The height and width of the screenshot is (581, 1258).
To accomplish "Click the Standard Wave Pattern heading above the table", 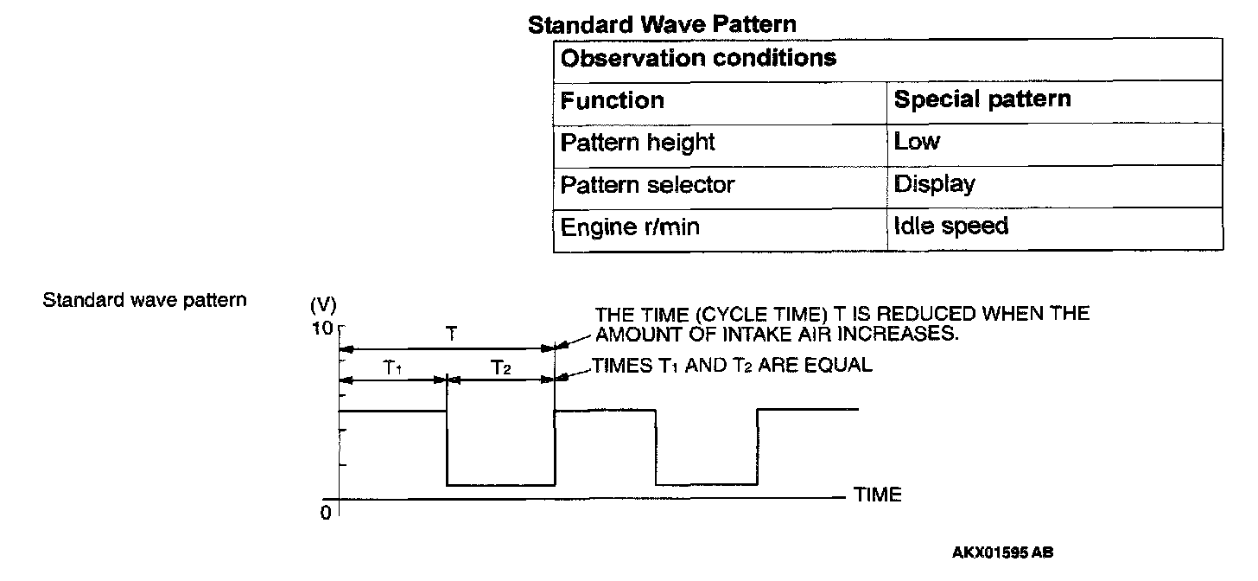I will pos(662,24).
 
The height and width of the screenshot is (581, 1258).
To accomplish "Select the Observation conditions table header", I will pos(698,58).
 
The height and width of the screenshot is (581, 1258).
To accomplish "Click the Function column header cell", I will pos(612,100).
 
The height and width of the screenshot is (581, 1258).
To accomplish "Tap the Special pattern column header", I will pos(982,99).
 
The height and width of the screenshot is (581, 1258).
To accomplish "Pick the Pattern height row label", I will pos(638,142).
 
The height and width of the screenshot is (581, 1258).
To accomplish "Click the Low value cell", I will pos(917,142).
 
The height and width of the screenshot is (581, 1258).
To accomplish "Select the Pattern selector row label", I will pos(647,184).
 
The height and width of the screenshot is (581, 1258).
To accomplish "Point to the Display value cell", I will pos(934,184).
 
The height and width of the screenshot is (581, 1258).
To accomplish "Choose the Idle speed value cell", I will pos(950,227).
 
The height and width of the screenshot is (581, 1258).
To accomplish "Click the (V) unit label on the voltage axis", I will pos(323,305).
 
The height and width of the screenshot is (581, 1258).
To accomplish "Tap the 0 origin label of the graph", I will pos(326,513).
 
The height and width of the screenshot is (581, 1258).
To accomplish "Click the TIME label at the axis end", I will pos(877,495).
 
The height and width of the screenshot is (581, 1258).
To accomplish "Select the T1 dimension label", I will pos(393,367).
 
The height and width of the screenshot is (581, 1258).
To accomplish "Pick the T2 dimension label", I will pos(501,367).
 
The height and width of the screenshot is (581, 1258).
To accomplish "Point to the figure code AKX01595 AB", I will pos(1003,552).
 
